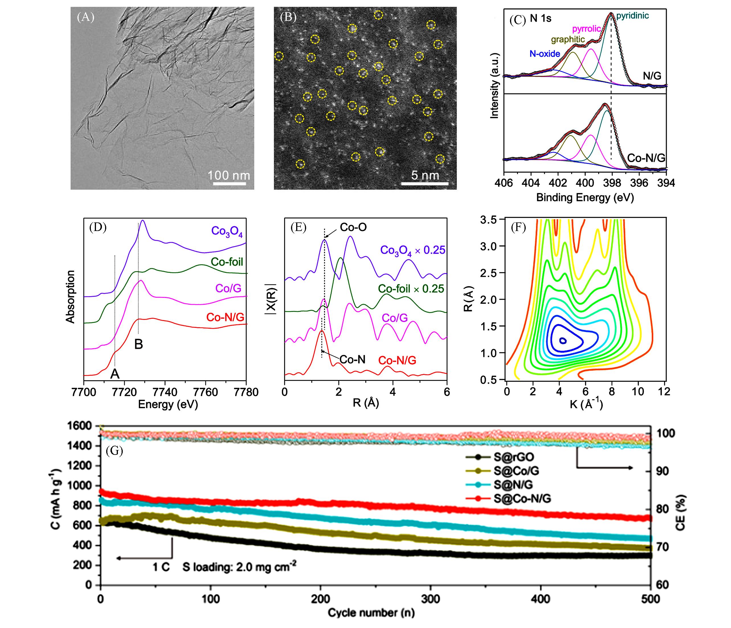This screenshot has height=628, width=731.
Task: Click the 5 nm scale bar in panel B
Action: [x=425, y=184]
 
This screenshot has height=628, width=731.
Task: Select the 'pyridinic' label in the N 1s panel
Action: [x=632, y=16]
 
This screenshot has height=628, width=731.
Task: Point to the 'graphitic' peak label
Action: [x=568, y=40]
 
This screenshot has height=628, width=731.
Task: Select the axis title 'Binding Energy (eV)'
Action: [x=585, y=198]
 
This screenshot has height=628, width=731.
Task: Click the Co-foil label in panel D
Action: [x=227, y=262]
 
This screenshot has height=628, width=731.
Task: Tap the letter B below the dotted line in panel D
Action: [x=139, y=344]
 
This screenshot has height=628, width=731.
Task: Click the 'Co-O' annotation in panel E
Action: [x=353, y=227]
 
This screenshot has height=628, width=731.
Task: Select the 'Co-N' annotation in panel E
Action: [x=352, y=359]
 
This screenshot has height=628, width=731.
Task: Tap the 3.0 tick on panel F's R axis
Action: [x=489, y=246]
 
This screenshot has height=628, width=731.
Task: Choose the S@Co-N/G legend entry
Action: [x=522, y=498]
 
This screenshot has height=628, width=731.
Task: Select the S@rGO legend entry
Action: [x=513, y=457]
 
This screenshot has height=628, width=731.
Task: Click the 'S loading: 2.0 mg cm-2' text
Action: [x=239, y=567]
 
